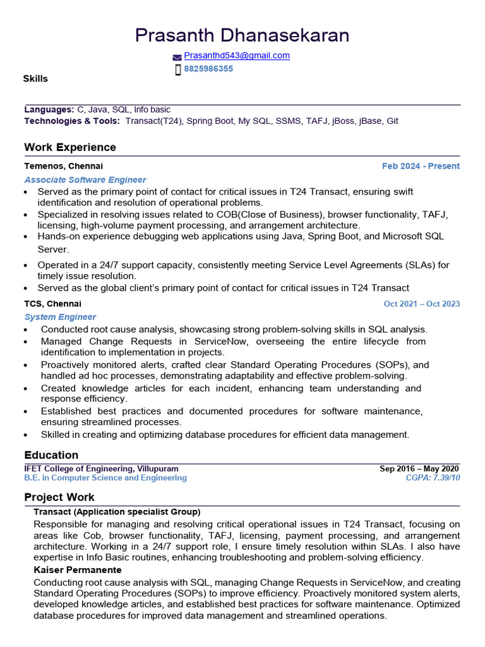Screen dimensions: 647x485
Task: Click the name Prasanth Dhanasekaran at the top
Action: click(242, 35)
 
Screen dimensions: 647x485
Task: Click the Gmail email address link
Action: click(237, 56)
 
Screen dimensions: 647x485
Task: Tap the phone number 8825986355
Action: click(208, 69)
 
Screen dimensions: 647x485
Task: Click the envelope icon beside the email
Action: click(177, 57)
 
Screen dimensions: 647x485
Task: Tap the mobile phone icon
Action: click(178, 70)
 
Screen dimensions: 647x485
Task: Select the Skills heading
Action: click(35, 79)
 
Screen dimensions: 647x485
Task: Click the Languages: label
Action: click(49, 110)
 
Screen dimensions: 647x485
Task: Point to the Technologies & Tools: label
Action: click(72, 121)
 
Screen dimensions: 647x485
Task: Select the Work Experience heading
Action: click(70, 147)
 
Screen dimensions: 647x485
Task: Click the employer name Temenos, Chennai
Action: click(63, 166)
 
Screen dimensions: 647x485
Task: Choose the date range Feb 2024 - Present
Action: click(421, 166)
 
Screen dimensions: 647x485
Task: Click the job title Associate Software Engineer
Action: click(85, 180)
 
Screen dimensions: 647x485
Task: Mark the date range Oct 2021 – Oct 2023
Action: click(422, 304)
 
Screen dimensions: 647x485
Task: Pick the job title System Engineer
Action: click(61, 317)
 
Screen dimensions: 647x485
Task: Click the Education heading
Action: click(51, 455)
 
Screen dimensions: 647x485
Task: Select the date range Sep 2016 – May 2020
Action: click(419, 469)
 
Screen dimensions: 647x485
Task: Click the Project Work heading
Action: click(59, 497)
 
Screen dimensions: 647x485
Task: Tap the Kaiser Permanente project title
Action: click(78, 570)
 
